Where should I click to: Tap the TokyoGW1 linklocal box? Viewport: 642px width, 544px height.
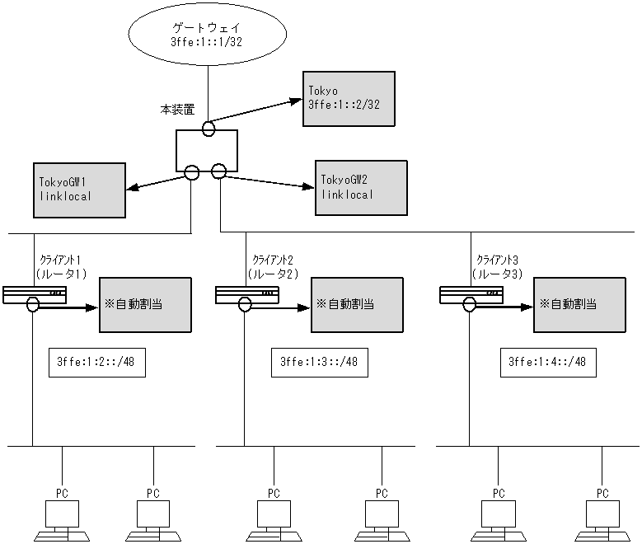pos(79,190)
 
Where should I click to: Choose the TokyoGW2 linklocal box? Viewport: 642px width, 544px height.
pos(361,187)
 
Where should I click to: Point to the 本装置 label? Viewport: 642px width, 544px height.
pos(178,108)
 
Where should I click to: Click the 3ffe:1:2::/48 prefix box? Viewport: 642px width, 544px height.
pos(97,361)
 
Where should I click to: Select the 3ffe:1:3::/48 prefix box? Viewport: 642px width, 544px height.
pos(319,361)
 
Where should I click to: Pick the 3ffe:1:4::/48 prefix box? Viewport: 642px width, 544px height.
pos(547,361)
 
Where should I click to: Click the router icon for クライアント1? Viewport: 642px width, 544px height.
pos(34,294)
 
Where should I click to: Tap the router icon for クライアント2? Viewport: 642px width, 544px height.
pos(246,294)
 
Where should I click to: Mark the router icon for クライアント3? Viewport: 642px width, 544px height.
pos(471,294)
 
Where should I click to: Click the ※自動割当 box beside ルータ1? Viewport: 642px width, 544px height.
pos(144,304)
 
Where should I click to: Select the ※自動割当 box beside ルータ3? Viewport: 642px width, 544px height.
pos(581,304)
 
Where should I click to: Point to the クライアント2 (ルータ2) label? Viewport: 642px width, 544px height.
pos(272,266)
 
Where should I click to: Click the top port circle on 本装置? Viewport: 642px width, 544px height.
pos(209,129)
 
